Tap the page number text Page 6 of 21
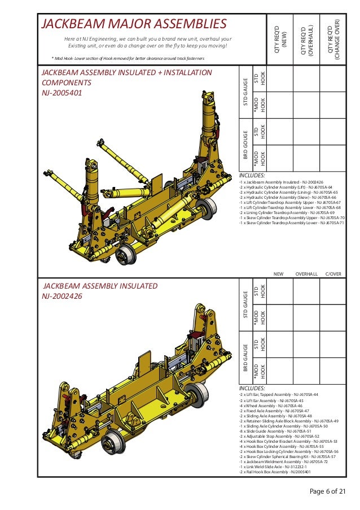tap(327, 491)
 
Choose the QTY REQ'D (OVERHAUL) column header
tap(308, 40)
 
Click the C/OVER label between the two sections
tap(333, 274)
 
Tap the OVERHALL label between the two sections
tap(306, 274)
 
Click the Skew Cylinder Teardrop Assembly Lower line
tap(292, 223)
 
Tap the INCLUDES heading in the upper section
tap(252, 175)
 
